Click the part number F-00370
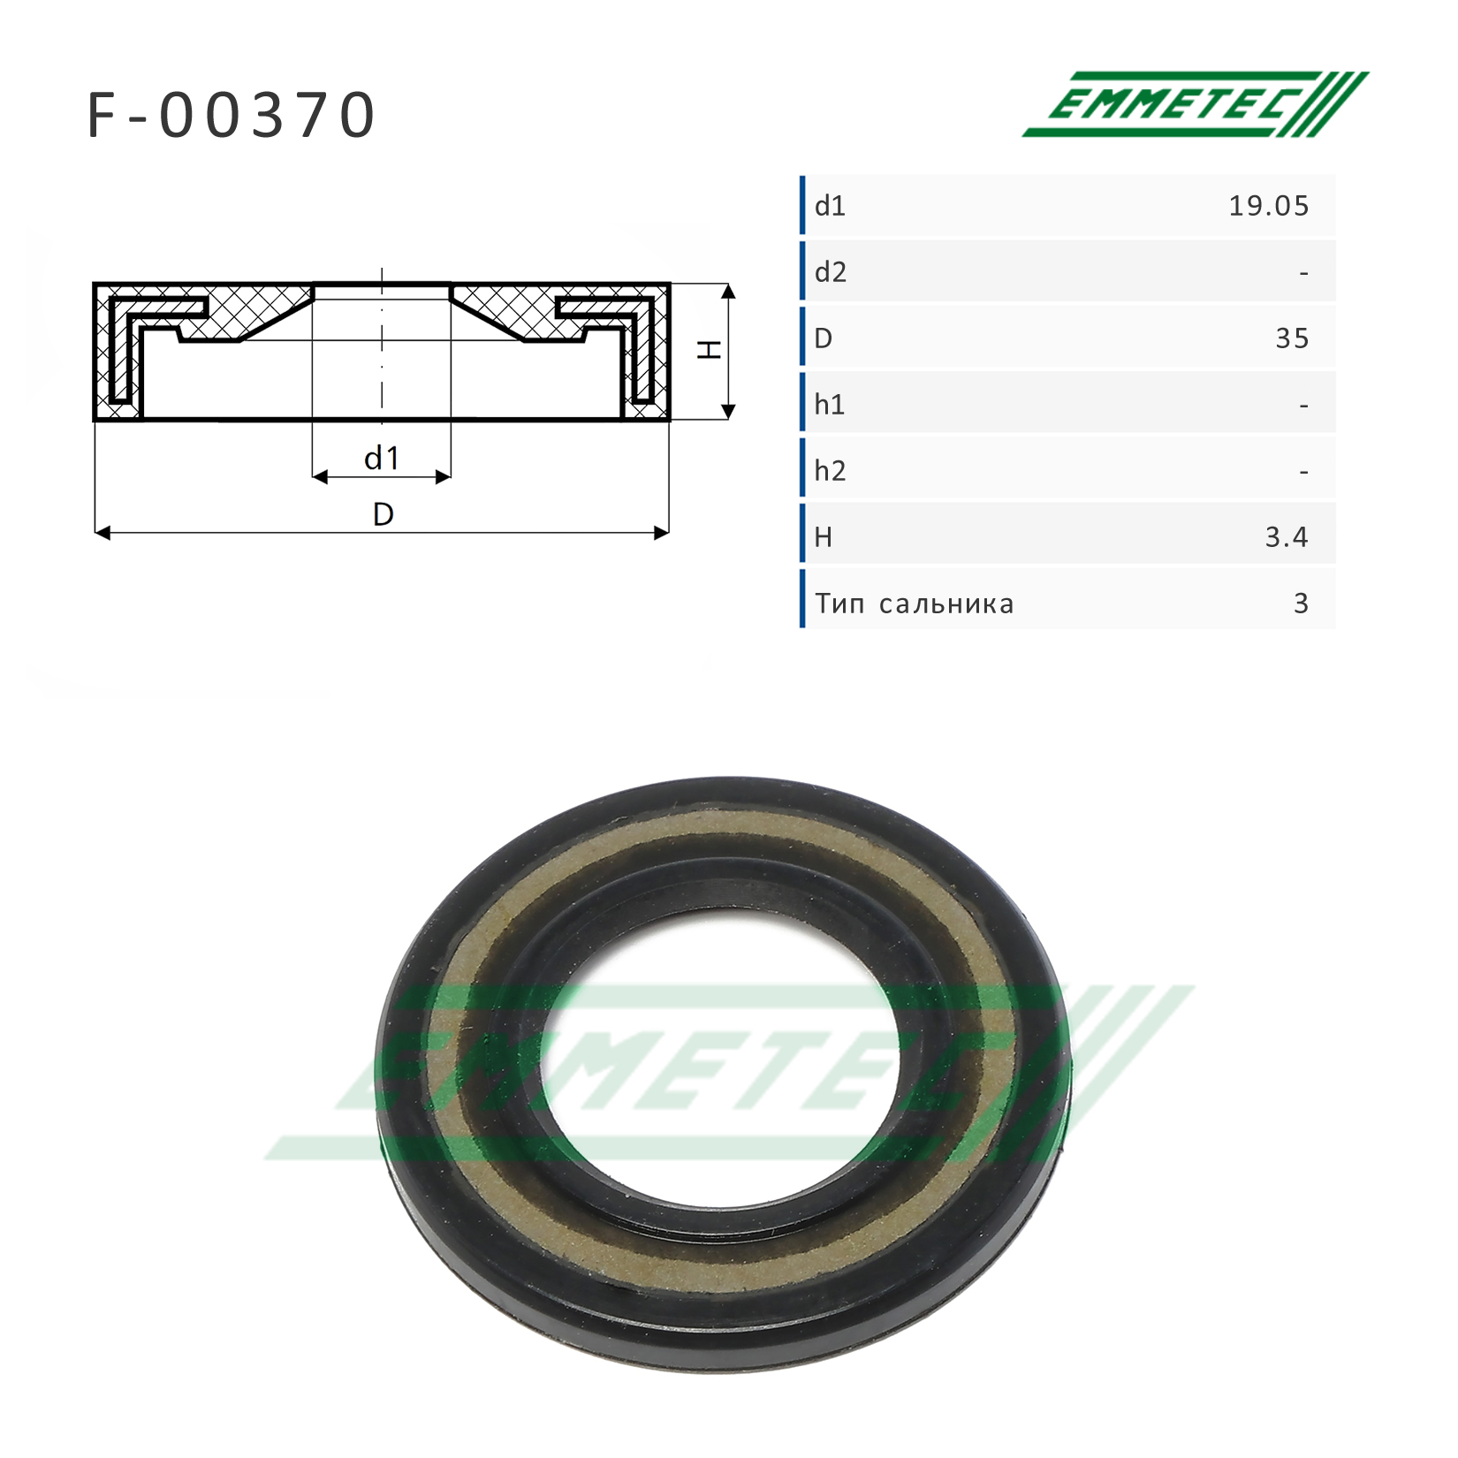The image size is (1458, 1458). click(232, 116)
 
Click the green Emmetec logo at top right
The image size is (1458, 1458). click(1195, 104)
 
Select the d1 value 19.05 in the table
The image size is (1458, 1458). click(1268, 206)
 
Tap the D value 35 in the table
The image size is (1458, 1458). click(1292, 338)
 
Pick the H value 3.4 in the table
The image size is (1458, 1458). click(1287, 537)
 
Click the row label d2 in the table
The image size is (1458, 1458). click(831, 272)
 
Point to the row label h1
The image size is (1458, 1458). click(830, 405)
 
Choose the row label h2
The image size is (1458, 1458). click(831, 471)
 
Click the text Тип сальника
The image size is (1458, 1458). click(915, 604)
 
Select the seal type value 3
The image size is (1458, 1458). click(1301, 604)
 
